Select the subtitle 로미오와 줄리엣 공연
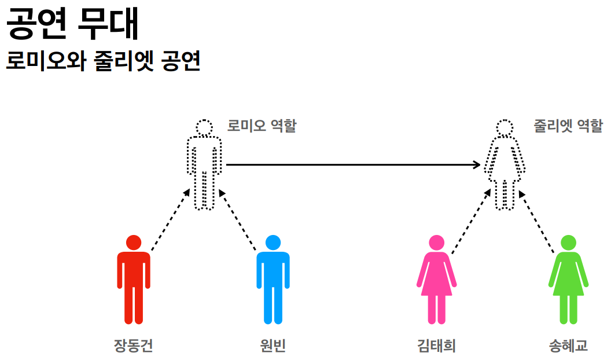click(103, 61)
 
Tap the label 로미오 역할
click(262, 126)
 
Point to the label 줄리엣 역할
click(568, 126)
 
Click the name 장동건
click(134, 346)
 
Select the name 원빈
click(273, 346)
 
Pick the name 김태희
click(436, 346)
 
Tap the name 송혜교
click(568, 346)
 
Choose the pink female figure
click(436, 284)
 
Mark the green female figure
click(568, 284)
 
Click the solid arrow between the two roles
click(353, 165)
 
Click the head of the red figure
click(134, 243)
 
